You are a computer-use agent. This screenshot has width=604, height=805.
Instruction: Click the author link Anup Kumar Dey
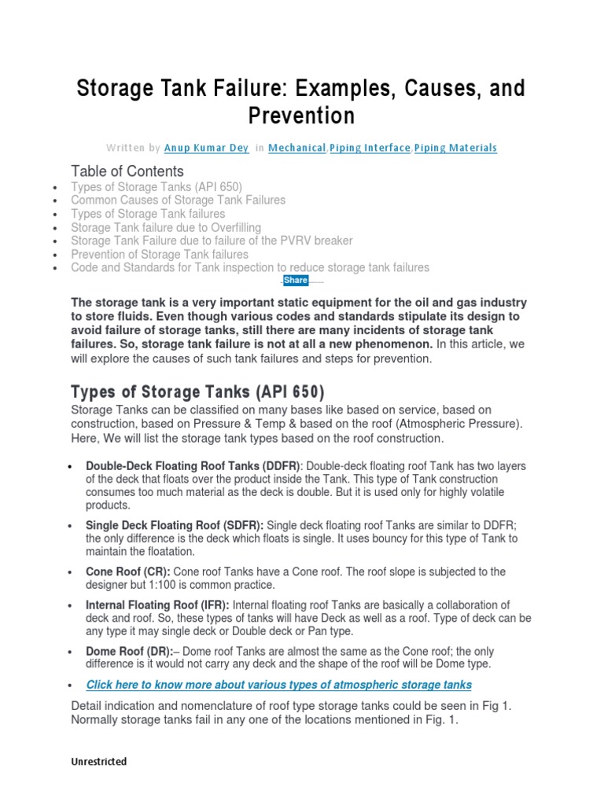tap(206, 148)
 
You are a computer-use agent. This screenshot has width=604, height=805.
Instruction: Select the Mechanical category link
tap(296, 148)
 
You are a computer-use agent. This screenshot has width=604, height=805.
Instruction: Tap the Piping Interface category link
tap(370, 148)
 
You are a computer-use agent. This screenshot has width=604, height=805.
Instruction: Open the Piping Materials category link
tap(455, 148)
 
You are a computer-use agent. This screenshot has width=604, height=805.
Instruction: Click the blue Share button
tap(296, 280)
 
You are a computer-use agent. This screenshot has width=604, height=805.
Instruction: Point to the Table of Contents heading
tap(127, 171)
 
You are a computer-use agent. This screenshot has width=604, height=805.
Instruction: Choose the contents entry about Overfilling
tap(166, 227)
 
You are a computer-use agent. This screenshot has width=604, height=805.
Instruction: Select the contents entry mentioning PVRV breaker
tap(212, 241)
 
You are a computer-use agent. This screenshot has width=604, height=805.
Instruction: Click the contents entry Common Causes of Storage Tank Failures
tap(178, 200)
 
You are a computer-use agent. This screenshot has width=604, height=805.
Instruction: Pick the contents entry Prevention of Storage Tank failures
tap(160, 254)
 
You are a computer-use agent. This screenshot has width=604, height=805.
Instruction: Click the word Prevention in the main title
tap(301, 116)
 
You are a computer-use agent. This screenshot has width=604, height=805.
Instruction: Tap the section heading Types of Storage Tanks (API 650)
tap(197, 391)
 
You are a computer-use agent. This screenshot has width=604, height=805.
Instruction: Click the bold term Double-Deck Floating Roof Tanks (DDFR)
tap(193, 466)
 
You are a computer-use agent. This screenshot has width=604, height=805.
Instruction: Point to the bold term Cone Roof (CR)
tap(127, 572)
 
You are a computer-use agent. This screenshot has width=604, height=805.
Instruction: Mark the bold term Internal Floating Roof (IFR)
tap(157, 605)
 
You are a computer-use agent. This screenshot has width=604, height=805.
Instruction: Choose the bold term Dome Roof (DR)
tap(129, 652)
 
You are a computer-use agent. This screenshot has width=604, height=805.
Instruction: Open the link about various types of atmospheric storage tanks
tap(278, 685)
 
